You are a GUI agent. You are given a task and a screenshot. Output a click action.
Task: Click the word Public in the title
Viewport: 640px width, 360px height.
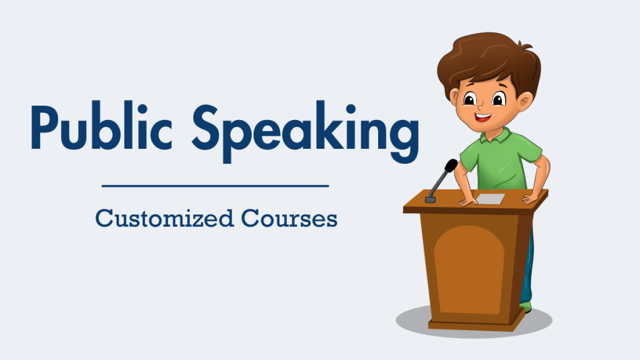pos(101,126)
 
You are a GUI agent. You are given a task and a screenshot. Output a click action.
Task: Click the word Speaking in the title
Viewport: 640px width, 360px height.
pos(306,131)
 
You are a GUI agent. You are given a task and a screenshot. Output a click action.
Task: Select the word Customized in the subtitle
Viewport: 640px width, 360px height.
pos(164,218)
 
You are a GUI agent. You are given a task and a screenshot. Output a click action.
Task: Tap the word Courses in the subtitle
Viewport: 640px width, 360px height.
pos(289,218)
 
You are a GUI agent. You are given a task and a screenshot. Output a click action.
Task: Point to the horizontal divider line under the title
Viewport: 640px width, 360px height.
pos(215,186)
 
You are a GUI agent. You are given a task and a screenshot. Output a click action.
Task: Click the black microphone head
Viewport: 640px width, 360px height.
pos(451,166)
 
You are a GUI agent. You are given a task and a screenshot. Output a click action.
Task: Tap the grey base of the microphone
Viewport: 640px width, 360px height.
pos(430,199)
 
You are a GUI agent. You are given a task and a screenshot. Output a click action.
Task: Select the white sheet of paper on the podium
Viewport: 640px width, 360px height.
pos(490,199)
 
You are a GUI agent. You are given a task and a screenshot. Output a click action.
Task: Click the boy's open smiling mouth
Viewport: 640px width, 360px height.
pos(483,117)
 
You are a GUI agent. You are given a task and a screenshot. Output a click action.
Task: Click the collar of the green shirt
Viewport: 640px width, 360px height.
pos(495,136)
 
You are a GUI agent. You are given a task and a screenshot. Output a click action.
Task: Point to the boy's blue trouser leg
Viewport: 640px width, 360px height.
pos(527,269)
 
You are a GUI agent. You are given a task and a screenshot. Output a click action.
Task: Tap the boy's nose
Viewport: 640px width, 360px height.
pos(481,107)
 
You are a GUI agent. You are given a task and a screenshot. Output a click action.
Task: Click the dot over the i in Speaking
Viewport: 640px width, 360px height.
pos(351,109)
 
